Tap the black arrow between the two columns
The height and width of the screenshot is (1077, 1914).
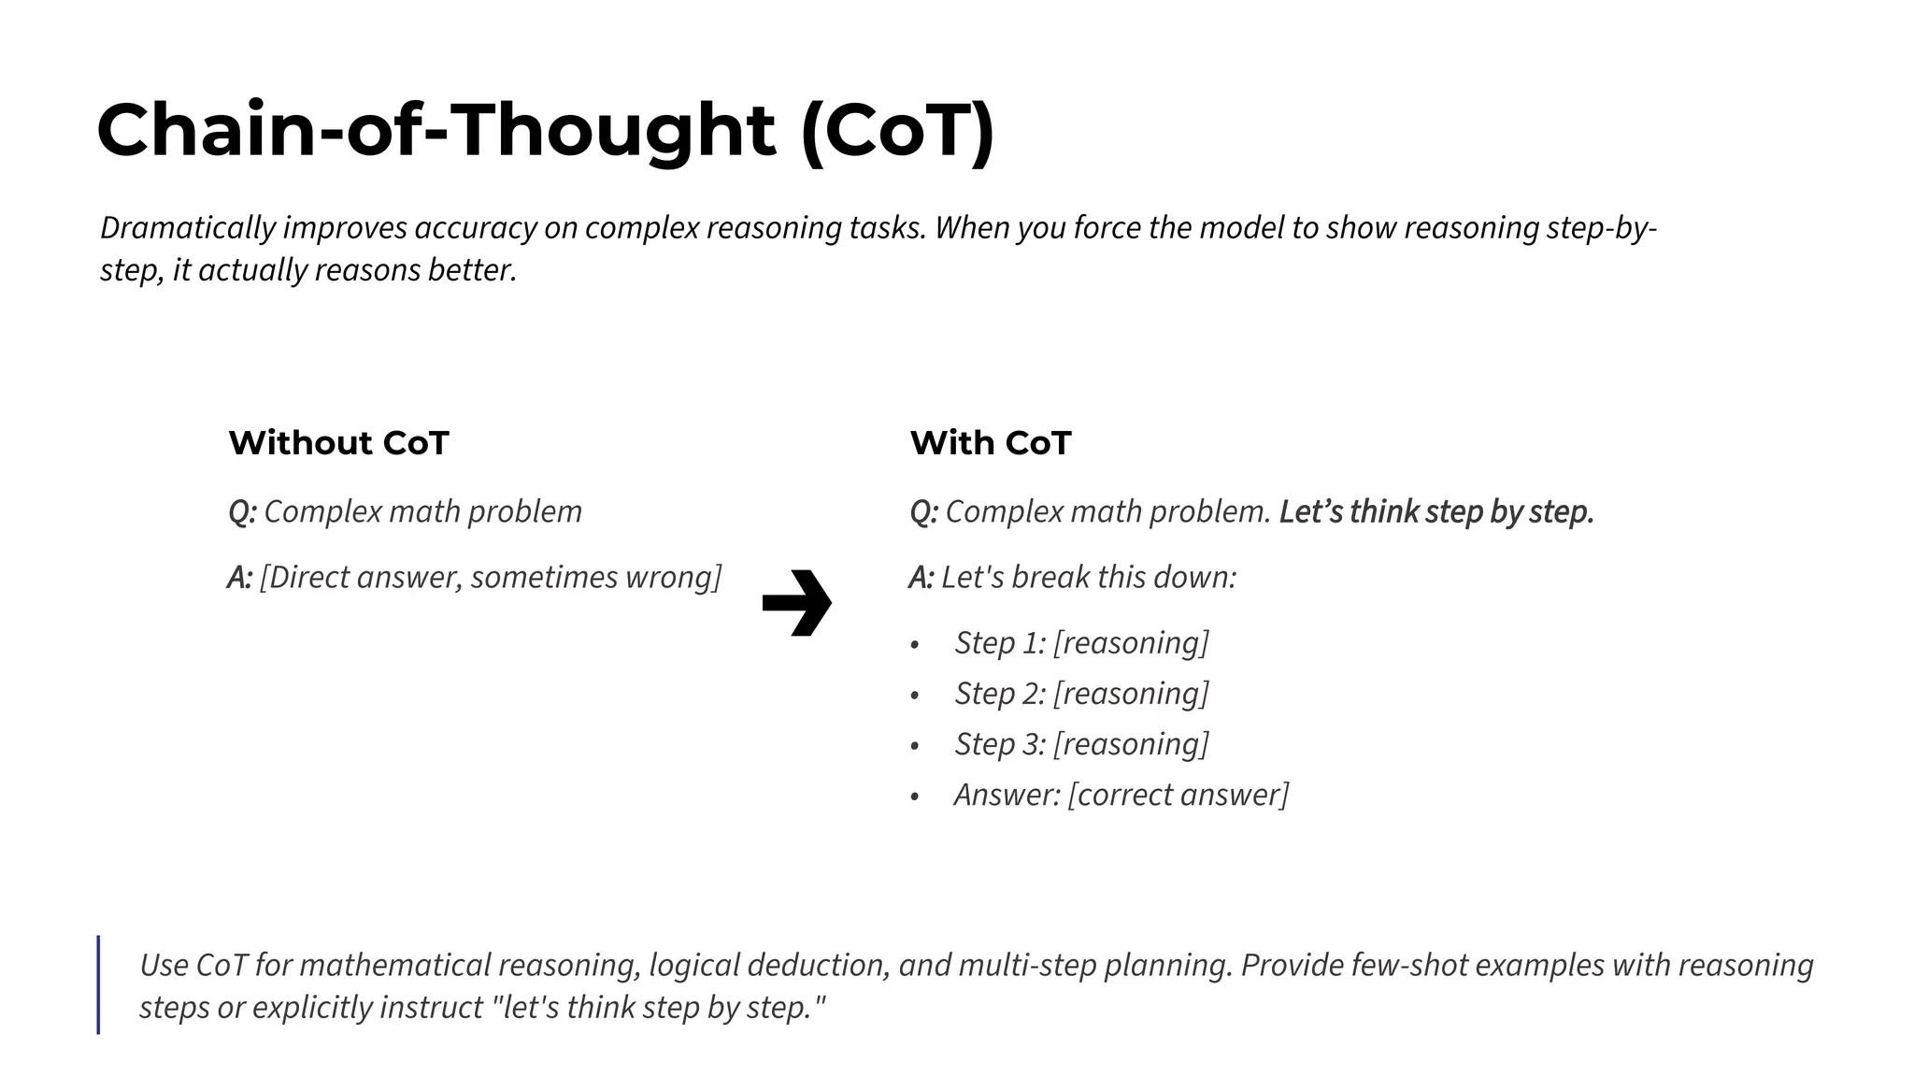pyautogui.click(x=796, y=603)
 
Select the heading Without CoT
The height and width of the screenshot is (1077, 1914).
pyautogui.click(x=338, y=443)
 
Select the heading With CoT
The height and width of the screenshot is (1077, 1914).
pyautogui.click(x=991, y=443)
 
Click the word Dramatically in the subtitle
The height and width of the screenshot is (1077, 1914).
pyautogui.click(x=188, y=228)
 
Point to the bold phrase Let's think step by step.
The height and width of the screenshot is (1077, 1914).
pyautogui.click(x=1436, y=512)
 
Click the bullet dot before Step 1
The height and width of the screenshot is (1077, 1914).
pyautogui.click(x=915, y=645)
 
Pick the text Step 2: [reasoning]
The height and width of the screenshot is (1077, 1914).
pyautogui.click(x=1081, y=694)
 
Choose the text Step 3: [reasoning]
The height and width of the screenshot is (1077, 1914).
pyautogui.click(x=1081, y=744)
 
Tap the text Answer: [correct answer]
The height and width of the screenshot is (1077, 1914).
pyautogui.click(x=1121, y=795)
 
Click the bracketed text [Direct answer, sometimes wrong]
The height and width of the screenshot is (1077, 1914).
pyautogui.click(x=491, y=578)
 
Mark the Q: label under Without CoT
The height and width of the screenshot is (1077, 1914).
pyautogui.click(x=242, y=512)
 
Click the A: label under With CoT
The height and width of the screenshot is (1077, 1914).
pyautogui.click(x=921, y=578)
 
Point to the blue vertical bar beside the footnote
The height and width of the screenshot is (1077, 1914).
pyautogui.click(x=98, y=984)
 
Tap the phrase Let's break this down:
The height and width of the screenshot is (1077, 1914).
pyautogui.click(x=1089, y=578)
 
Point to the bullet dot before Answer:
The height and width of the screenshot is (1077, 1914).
pyautogui.click(x=915, y=797)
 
